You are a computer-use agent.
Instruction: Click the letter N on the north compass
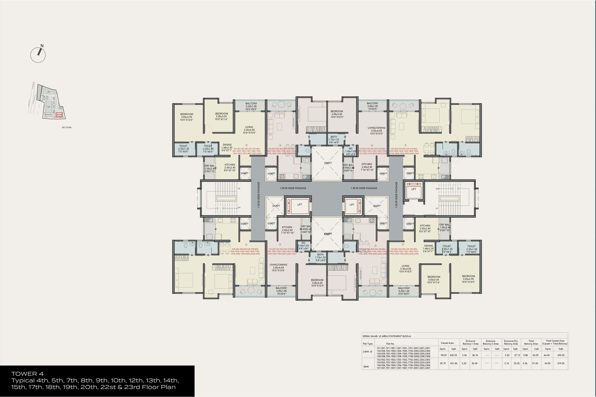pyautogui.click(x=42, y=46)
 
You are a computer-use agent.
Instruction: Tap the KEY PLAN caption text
pyautogui.click(x=67, y=127)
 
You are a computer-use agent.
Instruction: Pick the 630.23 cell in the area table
pyautogui.click(x=453, y=355)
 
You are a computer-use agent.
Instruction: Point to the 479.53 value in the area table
pyautogui.click(x=561, y=363)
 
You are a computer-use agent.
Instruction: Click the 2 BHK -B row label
pyautogui.click(x=367, y=351)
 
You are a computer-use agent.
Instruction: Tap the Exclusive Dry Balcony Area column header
pyautogui.click(x=511, y=342)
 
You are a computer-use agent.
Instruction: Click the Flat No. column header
pyautogui.click(x=390, y=344)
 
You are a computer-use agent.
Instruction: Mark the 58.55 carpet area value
pyautogui.click(x=444, y=355)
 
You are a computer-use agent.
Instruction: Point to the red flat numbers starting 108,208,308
pyautogui.click(x=245, y=251)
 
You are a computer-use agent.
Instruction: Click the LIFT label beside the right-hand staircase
pyautogui.click(x=413, y=189)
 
